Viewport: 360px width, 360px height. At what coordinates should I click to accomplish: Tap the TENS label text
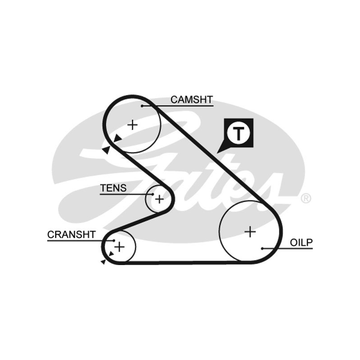[113, 188]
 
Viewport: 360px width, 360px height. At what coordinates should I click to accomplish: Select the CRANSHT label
[72, 234]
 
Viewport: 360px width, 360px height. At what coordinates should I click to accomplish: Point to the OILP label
[301, 243]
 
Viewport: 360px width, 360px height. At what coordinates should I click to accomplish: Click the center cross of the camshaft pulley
[132, 125]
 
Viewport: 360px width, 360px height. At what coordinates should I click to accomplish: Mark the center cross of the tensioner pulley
[159, 199]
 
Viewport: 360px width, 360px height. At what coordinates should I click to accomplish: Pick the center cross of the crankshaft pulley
[119, 247]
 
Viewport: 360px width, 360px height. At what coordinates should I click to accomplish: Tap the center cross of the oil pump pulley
[250, 231]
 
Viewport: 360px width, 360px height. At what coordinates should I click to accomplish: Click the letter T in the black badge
[238, 133]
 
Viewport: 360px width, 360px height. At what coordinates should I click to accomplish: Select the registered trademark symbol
[306, 198]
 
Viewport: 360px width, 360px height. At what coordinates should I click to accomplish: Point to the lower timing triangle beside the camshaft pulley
[106, 150]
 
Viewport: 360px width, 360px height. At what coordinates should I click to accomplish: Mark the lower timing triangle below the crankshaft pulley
[103, 261]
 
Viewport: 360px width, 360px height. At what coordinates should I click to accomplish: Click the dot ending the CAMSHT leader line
[142, 106]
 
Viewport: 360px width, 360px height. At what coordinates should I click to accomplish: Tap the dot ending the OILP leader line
[262, 248]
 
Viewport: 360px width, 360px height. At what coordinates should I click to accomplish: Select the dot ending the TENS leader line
[153, 194]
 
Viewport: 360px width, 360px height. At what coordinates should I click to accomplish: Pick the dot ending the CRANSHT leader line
[114, 240]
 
